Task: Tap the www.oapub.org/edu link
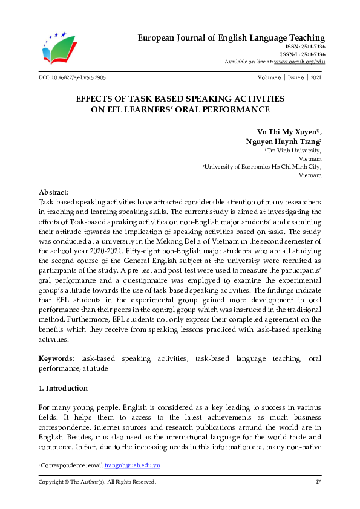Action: (x=299, y=62)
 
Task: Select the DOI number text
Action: (x=72, y=78)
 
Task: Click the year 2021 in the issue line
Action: (x=315, y=78)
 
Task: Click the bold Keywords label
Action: (x=57, y=360)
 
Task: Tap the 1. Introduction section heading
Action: (x=63, y=388)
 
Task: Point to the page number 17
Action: (x=318, y=482)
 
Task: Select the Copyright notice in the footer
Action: (x=97, y=482)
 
